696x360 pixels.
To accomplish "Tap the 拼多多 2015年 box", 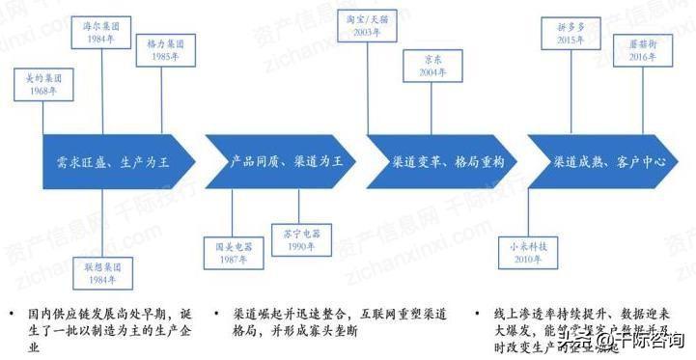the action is click(571, 31).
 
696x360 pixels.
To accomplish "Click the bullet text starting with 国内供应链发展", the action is click(117, 327).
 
